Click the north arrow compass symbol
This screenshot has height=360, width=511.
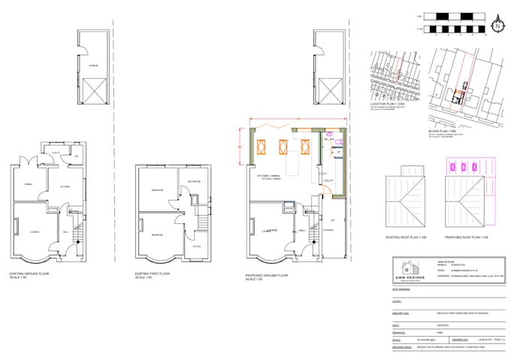[496, 26]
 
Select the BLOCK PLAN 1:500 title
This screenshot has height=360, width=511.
[443, 131]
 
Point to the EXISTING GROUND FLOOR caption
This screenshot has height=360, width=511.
[31, 274]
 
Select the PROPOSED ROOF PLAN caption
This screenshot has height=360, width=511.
[468, 237]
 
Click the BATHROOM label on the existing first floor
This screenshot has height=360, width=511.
[193, 181]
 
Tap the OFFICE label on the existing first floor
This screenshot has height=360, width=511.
[197, 247]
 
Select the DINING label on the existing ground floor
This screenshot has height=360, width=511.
[28, 183]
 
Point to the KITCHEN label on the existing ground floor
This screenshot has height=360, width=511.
[65, 186]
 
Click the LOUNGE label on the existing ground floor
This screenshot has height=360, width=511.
[35, 231]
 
